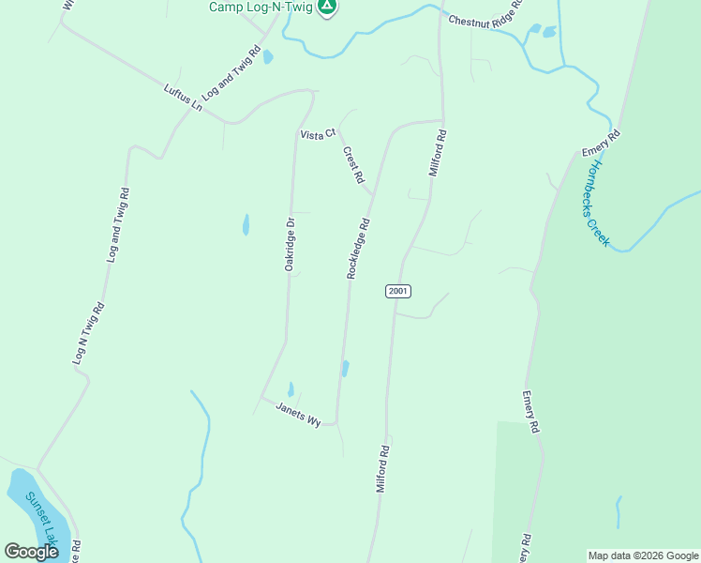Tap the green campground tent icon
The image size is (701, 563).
pyautogui.click(x=326, y=8)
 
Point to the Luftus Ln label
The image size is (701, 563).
pyautogui.click(x=183, y=97)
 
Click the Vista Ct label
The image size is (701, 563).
pyautogui.click(x=318, y=135)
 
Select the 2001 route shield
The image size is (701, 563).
pyautogui.click(x=398, y=291)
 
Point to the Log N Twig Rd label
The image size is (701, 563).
pyautogui.click(x=86, y=333)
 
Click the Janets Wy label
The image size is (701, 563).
pyautogui.click(x=298, y=414)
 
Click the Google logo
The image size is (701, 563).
pyautogui.click(x=32, y=552)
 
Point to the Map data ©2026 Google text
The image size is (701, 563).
pyautogui.click(x=643, y=555)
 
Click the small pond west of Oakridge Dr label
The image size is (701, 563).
pyautogui.click(x=246, y=225)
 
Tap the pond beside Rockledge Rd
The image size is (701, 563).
pyautogui.click(x=346, y=369)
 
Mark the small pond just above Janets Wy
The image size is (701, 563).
pyautogui.click(x=291, y=388)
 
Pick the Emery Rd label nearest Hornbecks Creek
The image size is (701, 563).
pyautogui.click(x=601, y=144)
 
